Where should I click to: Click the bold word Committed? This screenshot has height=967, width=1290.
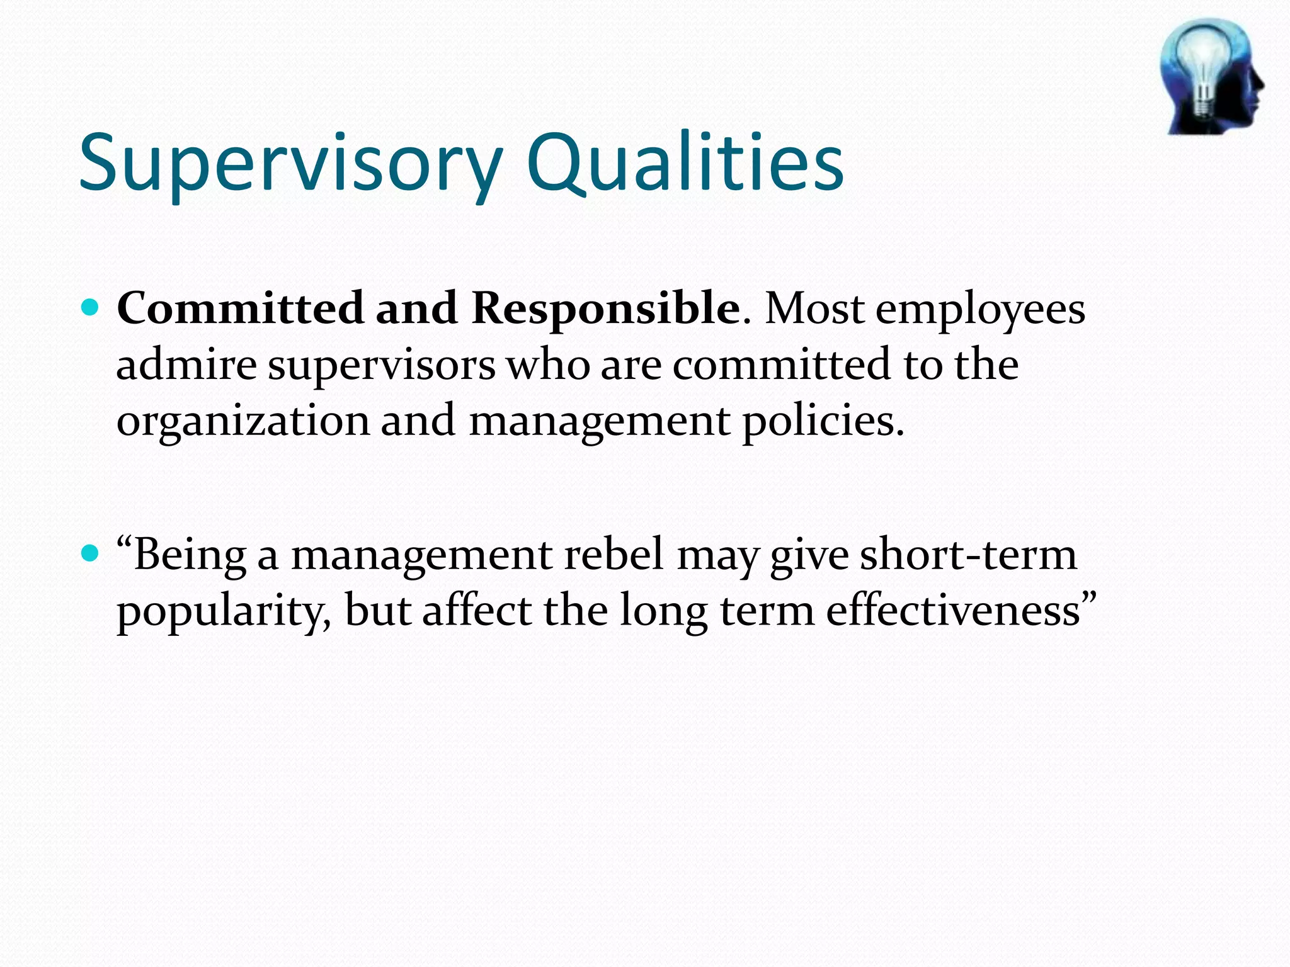[x=240, y=308]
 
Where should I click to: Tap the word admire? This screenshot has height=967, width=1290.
[x=186, y=365]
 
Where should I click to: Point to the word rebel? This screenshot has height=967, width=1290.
[x=614, y=554]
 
